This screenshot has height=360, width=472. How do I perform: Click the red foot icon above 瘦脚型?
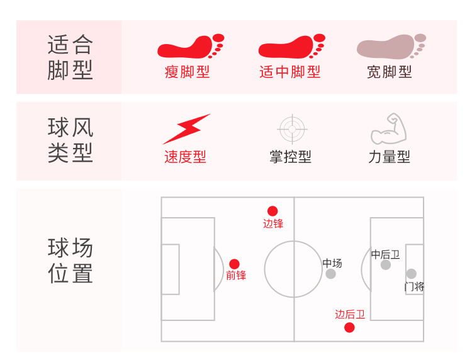tap(191, 46)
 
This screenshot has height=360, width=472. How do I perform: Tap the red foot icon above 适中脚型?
tap(291, 46)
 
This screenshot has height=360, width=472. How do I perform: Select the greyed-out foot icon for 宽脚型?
tap(391, 47)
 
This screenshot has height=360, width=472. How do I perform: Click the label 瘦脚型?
tap(187, 72)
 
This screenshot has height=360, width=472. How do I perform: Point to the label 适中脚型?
tap(290, 72)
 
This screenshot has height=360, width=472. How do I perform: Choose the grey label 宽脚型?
tap(389, 72)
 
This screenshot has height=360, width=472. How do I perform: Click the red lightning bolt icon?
tap(187, 129)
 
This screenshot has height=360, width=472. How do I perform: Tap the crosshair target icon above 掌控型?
tap(292, 129)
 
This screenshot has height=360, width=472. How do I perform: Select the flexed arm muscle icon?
tap(389, 129)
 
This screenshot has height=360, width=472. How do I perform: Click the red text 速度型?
tap(185, 157)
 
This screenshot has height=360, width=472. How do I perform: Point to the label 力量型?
tap(389, 157)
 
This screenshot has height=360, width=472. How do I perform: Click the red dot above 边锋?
tap(273, 211)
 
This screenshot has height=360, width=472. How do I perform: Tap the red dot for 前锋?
tap(234, 264)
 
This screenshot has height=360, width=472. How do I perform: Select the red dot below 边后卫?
tap(349, 327)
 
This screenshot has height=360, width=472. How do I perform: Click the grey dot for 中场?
tap(330, 274)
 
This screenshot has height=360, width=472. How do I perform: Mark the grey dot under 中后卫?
tap(386, 265)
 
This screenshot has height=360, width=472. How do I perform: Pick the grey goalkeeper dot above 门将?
tap(411, 274)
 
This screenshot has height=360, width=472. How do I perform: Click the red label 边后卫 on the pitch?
tap(350, 315)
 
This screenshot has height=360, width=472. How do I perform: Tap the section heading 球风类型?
tap(70, 140)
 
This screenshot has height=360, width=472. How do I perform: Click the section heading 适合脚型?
tap(70, 57)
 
